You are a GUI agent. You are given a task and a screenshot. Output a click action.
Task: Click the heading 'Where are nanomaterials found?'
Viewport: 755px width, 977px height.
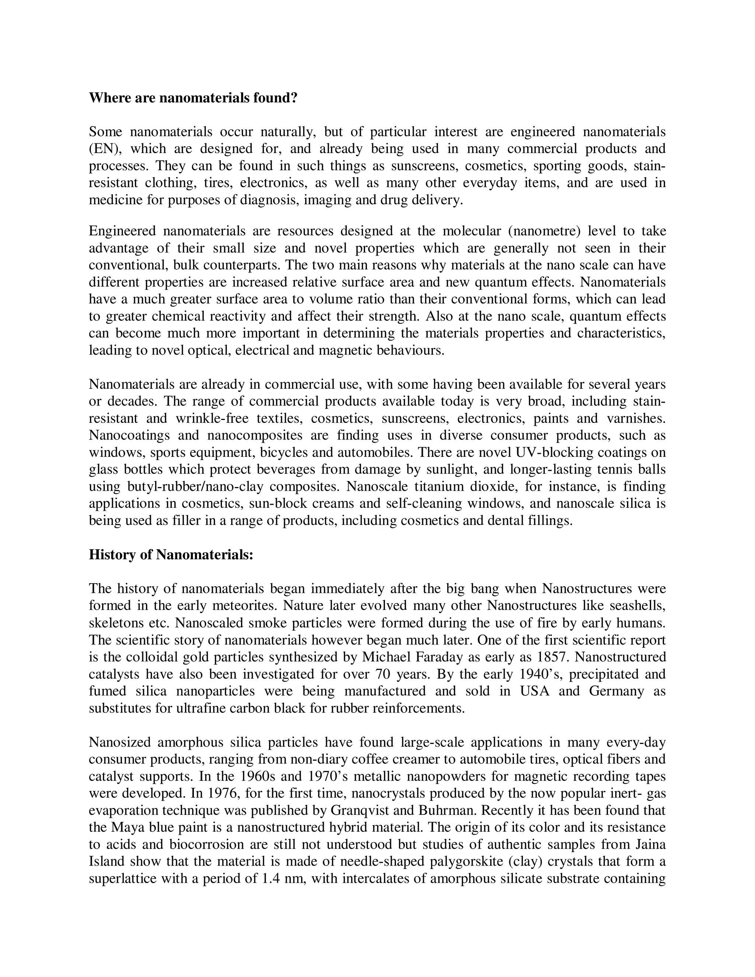pyautogui.click(x=193, y=98)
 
